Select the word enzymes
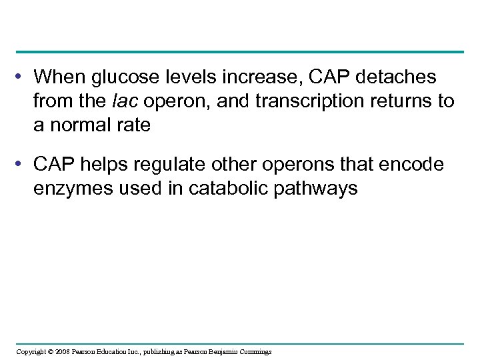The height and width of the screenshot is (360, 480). (x=72, y=189)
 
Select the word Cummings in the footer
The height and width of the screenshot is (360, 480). (x=255, y=351)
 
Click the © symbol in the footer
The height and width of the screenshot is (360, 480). (x=50, y=351)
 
